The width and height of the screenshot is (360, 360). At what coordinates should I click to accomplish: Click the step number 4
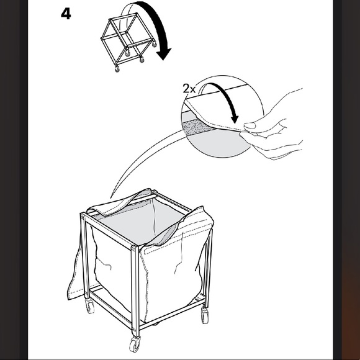point(66,14)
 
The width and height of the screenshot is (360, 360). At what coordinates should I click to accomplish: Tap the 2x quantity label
point(189,89)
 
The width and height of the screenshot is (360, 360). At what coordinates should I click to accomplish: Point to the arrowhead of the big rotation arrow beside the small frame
point(164,54)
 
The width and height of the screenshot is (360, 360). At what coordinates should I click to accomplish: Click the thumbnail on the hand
point(250,125)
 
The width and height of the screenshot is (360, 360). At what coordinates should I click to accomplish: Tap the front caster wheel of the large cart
point(134,344)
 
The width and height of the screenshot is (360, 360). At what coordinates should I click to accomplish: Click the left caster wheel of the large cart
point(90,306)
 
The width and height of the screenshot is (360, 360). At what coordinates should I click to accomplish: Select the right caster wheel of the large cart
point(205,315)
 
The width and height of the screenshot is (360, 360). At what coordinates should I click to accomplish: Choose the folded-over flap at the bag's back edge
point(119,203)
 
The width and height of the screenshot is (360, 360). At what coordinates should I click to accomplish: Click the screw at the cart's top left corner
point(83,215)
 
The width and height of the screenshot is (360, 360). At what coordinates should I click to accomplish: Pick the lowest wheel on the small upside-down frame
point(117,70)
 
